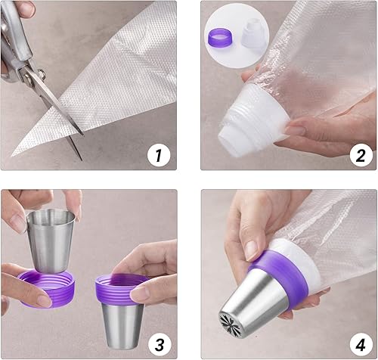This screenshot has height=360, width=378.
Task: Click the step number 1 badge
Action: (157, 156)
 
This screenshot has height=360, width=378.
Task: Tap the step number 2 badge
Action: (360, 156)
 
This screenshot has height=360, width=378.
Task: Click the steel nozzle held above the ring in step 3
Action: (51, 234)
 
